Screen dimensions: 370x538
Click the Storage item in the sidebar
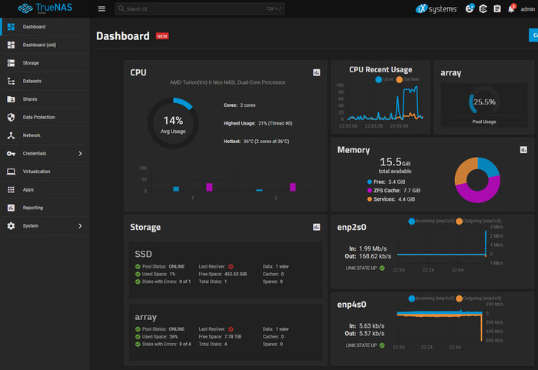click(x=31, y=62)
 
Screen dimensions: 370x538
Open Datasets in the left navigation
click(x=32, y=81)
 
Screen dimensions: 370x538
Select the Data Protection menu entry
click(x=38, y=117)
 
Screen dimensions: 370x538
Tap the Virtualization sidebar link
click(x=37, y=171)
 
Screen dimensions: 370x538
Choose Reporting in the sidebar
click(x=33, y=207)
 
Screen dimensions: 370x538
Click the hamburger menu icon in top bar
click(x=101, y=9)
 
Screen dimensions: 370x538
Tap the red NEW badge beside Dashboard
click(x=162, y=36)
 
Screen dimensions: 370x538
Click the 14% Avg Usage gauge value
click(x=173, y=120)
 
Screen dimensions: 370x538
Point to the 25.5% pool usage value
click(x=484, y=102)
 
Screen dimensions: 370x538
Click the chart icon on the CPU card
click(x=316, y=72)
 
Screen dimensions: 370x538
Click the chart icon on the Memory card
click(x=523, y=150)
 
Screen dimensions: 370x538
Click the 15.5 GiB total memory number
click(x=390, y=162)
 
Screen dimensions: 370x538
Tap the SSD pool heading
click(x=144, y=254)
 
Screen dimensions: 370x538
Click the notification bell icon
click(x=510, y=9)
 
